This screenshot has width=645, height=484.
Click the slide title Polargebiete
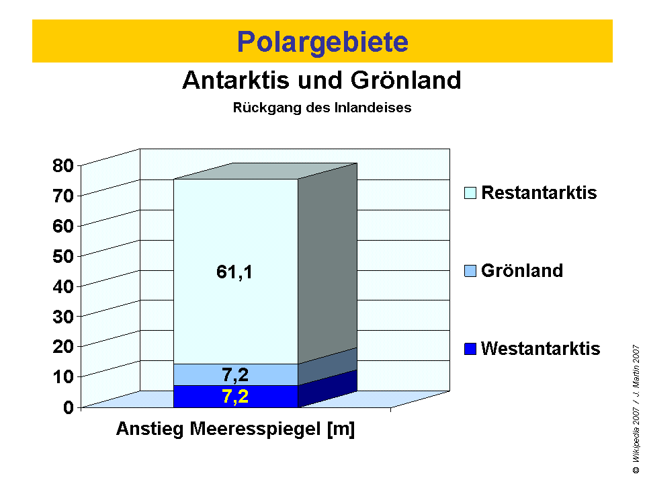coord(322,42)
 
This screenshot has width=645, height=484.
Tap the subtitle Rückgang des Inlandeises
coord(322,107)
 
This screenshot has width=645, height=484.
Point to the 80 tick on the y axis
coord(64,165)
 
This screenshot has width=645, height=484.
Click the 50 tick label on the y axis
coord(64,256)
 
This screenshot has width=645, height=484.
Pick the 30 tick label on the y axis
coord(64,316)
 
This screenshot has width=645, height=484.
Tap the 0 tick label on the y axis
coord(69,407)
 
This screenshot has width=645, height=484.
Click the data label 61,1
coord(234,272)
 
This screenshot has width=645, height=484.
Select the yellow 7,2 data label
coord(235,397)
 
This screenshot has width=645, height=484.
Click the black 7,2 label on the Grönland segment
coord(235,375)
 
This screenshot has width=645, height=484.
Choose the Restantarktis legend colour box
coord(470,194)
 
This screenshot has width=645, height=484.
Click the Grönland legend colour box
coord(470,272)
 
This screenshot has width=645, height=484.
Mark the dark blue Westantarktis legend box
coord(470,350)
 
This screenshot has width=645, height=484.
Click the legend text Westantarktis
coord(541,349)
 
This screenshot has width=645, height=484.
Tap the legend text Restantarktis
coord(540,193)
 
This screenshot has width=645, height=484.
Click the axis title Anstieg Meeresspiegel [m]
coord(235,430)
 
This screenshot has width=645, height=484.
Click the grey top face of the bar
coord(265,171)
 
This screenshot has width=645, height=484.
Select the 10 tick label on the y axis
coord(64,376)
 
